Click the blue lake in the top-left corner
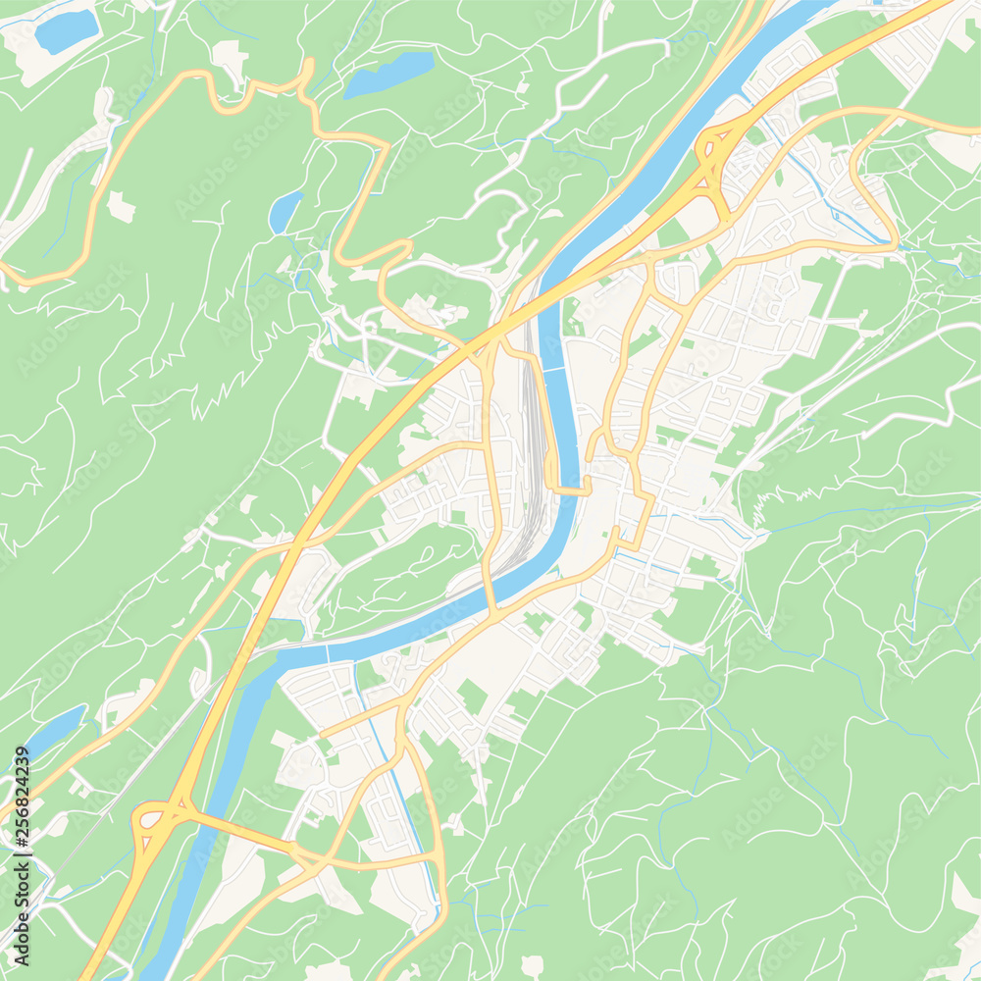click(66, 31)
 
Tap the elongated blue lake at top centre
click(390, 76)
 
